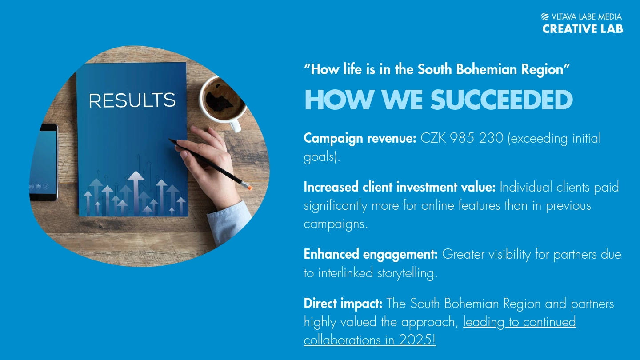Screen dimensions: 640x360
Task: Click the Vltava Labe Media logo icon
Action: click(x=545, y=17)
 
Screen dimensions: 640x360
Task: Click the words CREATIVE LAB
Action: click(x=583, y=29)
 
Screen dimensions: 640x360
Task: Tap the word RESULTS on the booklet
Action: click(x=132, y=100)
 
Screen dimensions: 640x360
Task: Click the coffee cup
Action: click(x=223, y=101)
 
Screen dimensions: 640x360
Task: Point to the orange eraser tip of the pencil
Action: click(x=249, y=188)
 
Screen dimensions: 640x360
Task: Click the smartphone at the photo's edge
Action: click(x=44, y=162)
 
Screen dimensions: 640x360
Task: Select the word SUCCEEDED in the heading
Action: click(x=502, y=100)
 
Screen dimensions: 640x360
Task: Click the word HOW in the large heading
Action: click(x=339, y=100)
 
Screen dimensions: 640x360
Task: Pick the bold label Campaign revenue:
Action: click(x=360, y=138)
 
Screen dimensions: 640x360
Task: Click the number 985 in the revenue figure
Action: click(x=462, y=138)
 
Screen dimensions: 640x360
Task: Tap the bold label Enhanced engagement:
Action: click(x=371, y=254)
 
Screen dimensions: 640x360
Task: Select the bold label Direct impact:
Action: click(x=343, y=303)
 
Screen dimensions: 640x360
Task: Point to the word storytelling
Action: click(x=407, y=273)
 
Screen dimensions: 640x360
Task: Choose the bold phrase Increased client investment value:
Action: click(x=400, y=187)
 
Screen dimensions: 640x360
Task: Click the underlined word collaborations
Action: click(x=342, y=340)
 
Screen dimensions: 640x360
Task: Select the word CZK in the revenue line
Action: click(x=433, y=138)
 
